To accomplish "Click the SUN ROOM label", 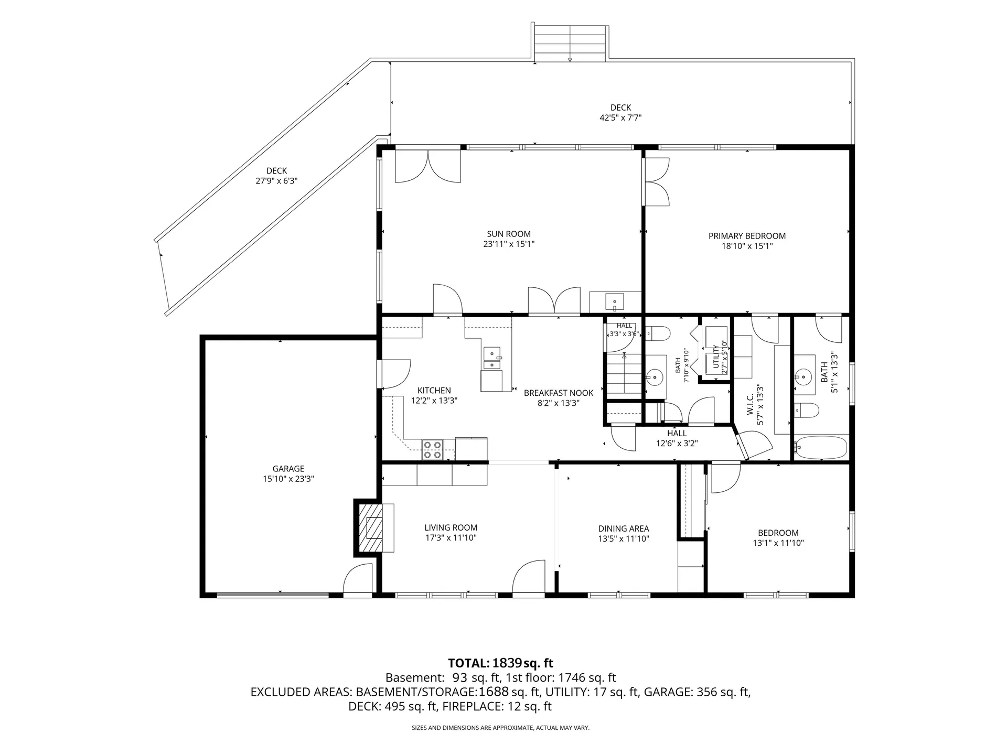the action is click(509, 234).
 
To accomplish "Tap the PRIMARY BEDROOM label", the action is click(747, 236).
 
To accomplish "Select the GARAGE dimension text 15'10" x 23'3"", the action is click(288, 479).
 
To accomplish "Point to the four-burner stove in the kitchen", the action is click(433, 449).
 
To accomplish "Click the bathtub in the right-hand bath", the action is click(821, 447).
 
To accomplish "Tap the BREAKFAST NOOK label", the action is click(559, 393).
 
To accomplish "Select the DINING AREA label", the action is click(624, 529).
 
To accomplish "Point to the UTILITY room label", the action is click(716, 357).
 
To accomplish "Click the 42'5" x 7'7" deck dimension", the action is click(620, 118).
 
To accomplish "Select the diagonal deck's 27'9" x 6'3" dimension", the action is click(276, 181).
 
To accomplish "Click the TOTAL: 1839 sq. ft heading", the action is click(500, 663).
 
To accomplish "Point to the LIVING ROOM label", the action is click(451, 528).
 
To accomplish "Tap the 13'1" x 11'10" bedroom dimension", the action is click(778, 543).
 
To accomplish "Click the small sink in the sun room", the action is click(614, 303).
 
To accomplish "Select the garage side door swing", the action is click(358, 579).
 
